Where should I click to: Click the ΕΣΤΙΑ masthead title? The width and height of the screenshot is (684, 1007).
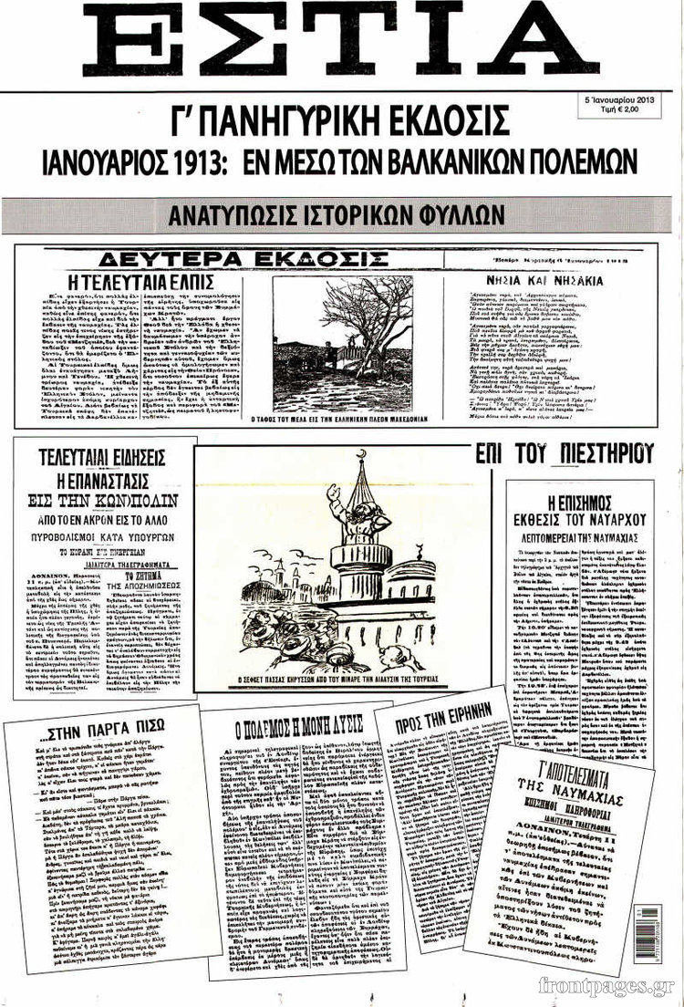[342, 41]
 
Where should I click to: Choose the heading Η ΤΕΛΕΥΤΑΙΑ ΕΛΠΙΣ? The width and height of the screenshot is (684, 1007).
[141, 282]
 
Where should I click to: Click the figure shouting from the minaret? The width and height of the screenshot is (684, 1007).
[354, 515]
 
